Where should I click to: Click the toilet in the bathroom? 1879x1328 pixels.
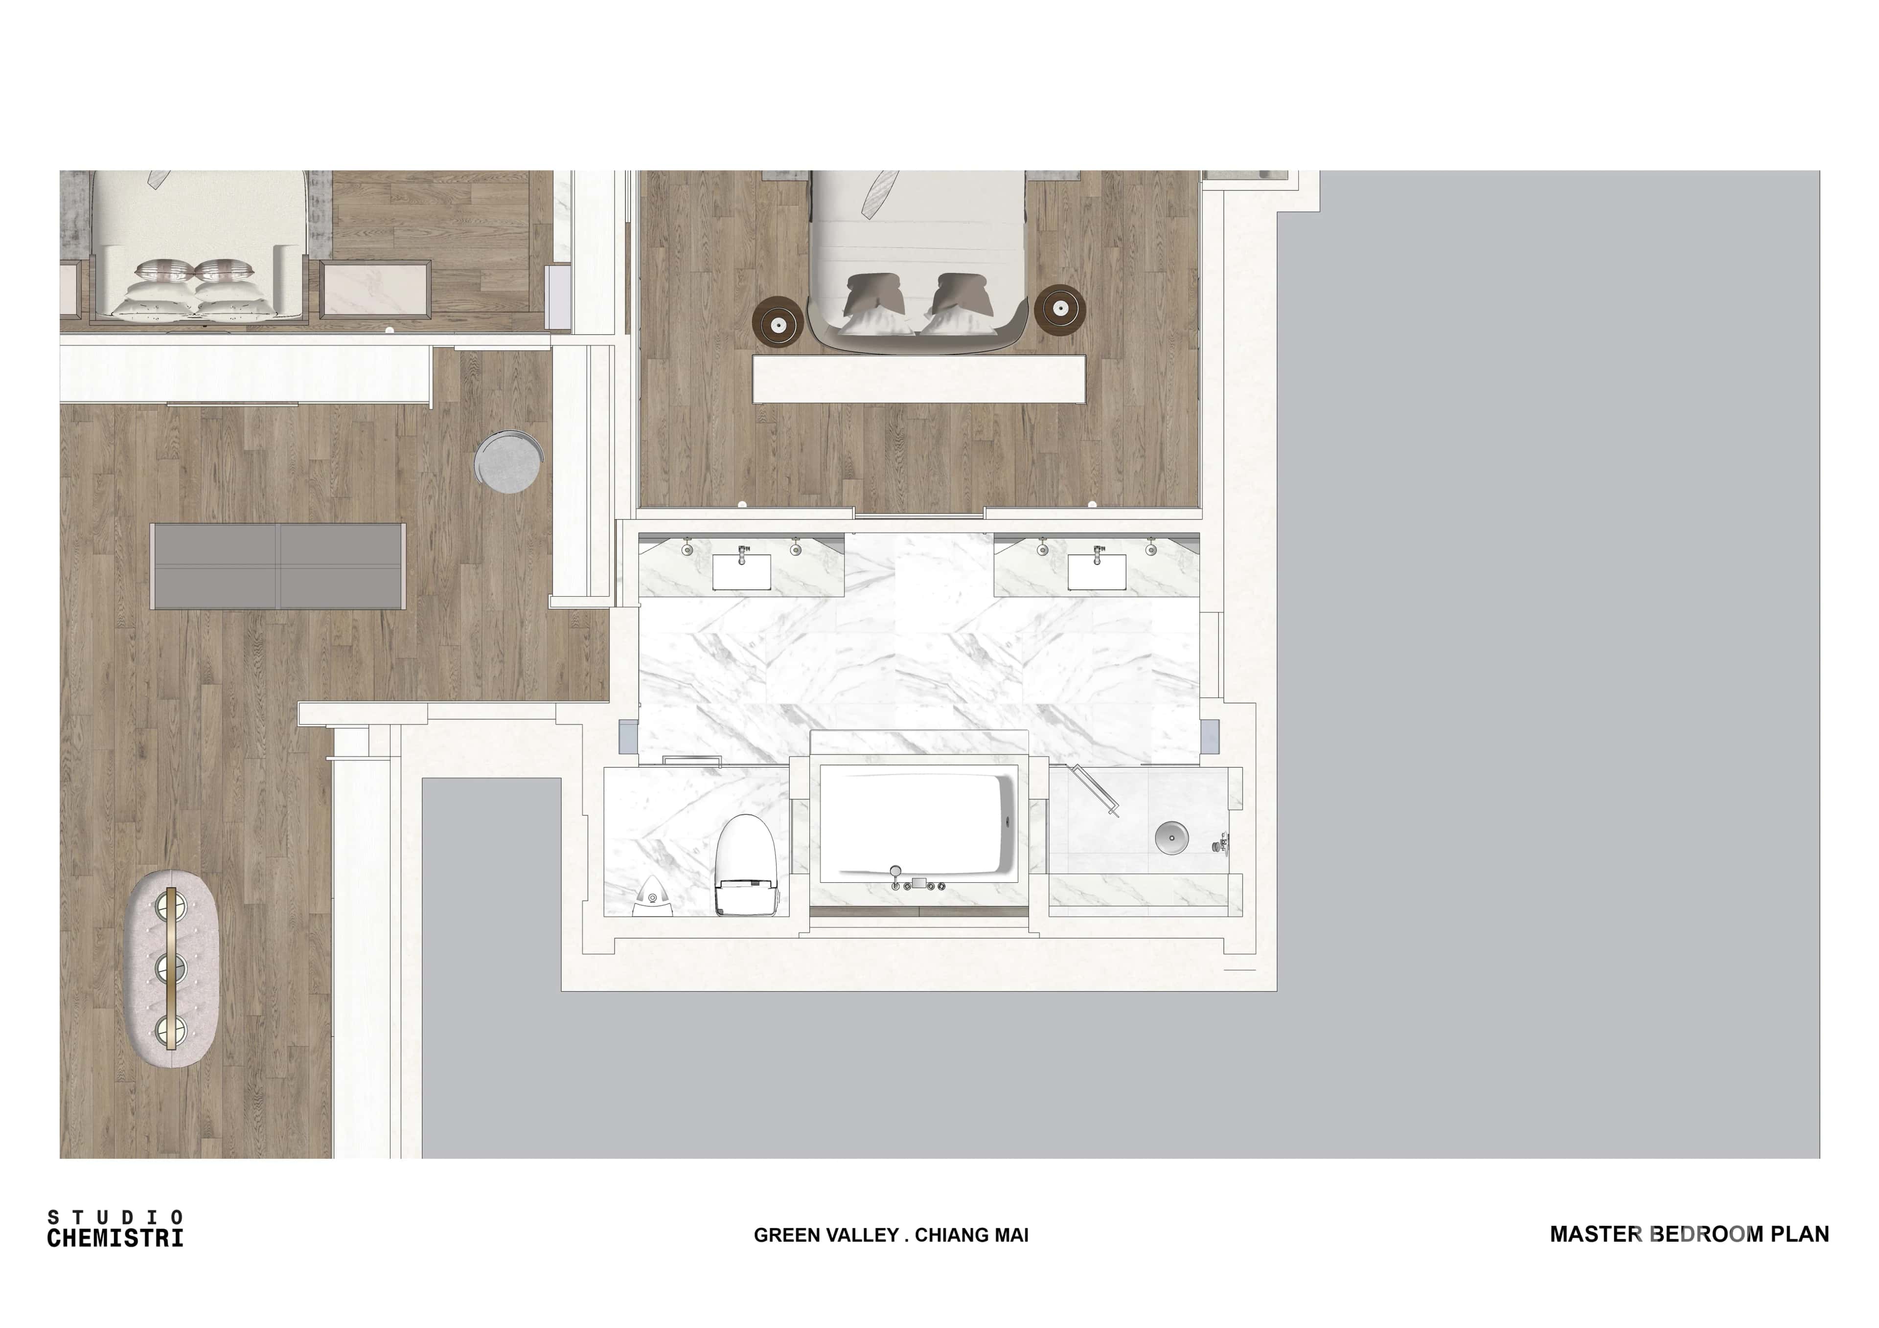point(746,864)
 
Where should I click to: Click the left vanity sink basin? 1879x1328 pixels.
point(741,571)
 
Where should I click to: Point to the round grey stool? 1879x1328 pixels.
point(508,461)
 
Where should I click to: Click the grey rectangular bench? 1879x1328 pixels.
point(278,566)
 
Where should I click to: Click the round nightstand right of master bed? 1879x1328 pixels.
point(1060,309)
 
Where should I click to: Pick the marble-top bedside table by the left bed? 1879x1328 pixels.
point(376,289)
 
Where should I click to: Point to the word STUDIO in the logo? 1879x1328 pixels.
point(115,1217)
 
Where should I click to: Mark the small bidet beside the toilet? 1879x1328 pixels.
point(652,897)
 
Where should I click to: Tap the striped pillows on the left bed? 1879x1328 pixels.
point(196,270)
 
